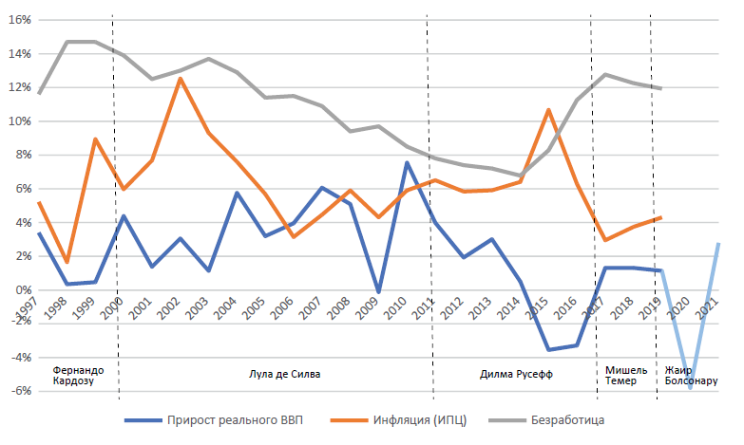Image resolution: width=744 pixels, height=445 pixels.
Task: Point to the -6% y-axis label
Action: [x=19, y=391]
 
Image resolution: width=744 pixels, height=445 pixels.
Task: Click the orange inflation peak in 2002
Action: [x=181, y=78]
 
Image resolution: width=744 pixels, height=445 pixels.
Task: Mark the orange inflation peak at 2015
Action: [x=548, y=110]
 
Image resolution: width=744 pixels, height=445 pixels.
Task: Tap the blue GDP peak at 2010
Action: [x=407, y=162]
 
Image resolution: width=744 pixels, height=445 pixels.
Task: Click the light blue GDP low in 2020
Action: [x=691, y=387]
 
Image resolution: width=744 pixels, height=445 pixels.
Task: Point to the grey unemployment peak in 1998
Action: [x=67, y=42]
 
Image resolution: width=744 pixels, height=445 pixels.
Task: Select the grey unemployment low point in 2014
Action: [x=519, y=176]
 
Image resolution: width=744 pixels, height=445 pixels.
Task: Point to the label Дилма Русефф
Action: [x=516, y=374]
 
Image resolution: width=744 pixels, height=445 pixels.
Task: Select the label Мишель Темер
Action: [x=625, y=375]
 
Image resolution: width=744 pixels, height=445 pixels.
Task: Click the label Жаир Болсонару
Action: [x=691, y=375]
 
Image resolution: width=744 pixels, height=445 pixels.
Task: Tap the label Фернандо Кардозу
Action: [x=78, y=375]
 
